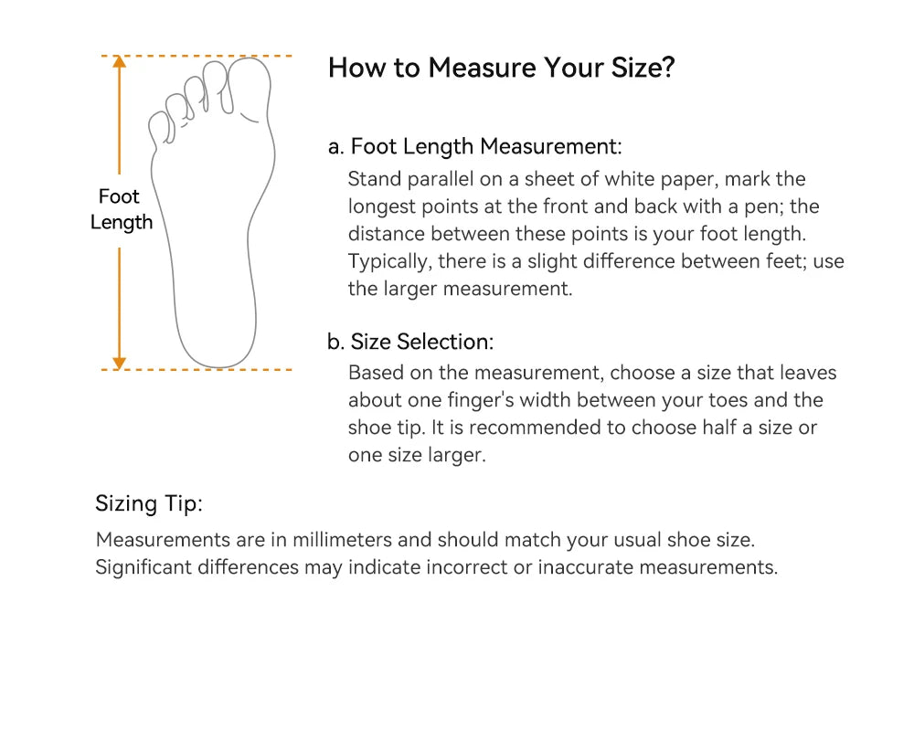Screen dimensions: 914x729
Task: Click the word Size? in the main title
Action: pyautogui.click(x=643, y=68)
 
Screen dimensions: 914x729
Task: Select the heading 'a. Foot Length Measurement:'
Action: pyautogui.click(x=474, y=146)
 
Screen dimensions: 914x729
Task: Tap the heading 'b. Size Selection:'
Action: pyautogui.click(x=410, y=342)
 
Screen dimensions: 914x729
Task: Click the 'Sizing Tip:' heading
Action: pyautogui.click(x=149, y=502)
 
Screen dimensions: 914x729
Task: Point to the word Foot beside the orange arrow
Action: pyautogui.click(x=119, y=196)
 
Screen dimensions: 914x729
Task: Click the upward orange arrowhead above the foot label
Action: pyautogui.click(x=120, y=62)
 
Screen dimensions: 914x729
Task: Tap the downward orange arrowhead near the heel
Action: pyautogui.click(x=120, y=363)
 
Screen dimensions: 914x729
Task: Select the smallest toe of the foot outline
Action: pyautogui.click(x=160, y=128)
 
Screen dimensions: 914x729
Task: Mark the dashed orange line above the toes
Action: pyautogui.click(x=197, y=56)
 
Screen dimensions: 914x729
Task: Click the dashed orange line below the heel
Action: pyautogui.click(x=197, y=369)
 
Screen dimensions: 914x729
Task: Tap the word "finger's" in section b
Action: pyautogui.click(x=481, y=400)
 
